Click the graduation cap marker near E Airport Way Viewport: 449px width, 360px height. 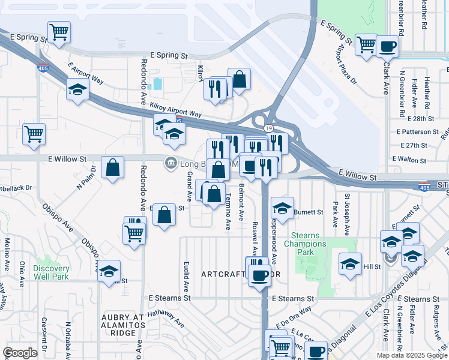coord(77,90)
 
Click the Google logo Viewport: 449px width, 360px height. coord(20,353)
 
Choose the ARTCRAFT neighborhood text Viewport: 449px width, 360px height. coord(223,274)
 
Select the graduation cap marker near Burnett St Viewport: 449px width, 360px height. coord(282,207)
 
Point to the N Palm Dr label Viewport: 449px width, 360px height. coord(83,180)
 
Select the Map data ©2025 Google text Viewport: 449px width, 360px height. coord(412,355)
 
